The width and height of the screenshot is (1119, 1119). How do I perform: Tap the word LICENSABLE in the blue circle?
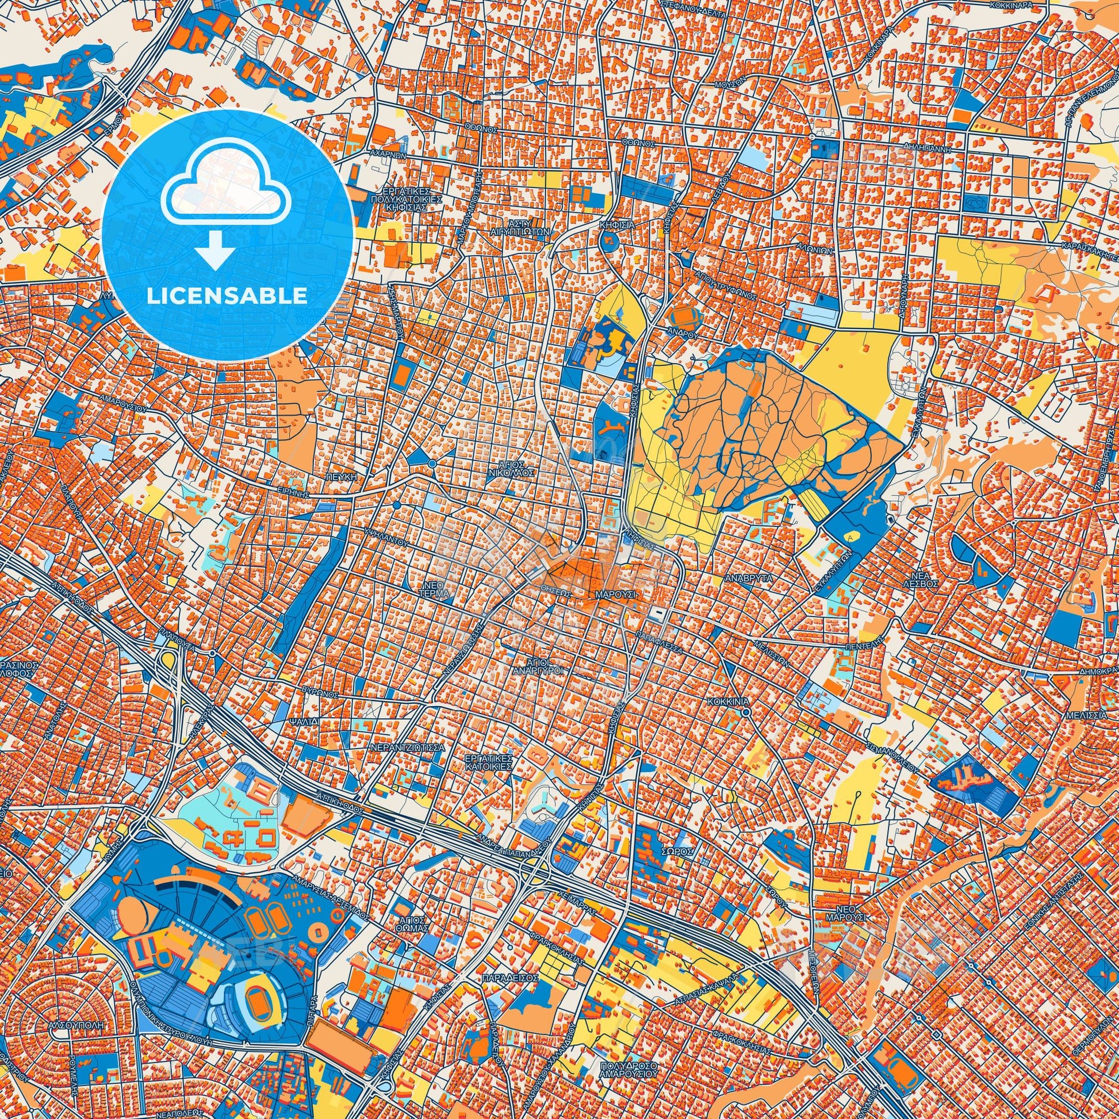tap(227, 296)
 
